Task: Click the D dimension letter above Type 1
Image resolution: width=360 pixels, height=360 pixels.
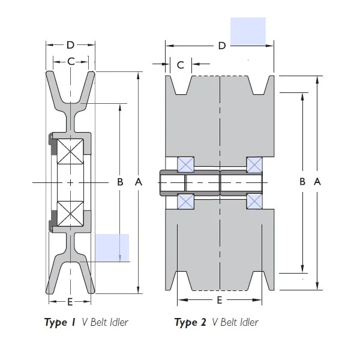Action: click(71, 45)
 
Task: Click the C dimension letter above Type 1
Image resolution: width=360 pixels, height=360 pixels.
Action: click(71, 61)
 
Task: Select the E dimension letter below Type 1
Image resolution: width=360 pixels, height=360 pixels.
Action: click(70, 301)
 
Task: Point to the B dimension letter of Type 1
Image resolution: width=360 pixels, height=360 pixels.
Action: click(120, 182)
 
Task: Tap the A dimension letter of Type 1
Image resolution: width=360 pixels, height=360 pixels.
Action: click(139, 182)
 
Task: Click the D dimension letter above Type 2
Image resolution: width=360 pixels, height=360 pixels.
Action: click(221, 46)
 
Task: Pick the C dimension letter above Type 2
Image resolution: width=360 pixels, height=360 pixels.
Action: click(181, 65)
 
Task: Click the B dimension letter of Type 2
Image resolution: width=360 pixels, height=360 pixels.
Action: click(303, 182)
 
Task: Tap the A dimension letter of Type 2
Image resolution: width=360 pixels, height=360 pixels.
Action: click(317, 182)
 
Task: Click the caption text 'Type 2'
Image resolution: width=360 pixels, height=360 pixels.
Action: click(190, 323)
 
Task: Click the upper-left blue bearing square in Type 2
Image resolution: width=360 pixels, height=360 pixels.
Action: click(185, 164)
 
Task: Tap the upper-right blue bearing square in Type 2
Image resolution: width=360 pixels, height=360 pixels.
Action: click(254, 164)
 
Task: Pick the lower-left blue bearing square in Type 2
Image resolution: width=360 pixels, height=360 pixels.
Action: click(185, 202)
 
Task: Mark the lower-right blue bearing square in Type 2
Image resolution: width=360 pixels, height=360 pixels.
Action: click(254, 202)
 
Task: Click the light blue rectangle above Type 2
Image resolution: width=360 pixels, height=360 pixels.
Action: click(248, 31)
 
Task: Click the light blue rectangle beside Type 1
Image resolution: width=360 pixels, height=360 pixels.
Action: click(112, 248)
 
